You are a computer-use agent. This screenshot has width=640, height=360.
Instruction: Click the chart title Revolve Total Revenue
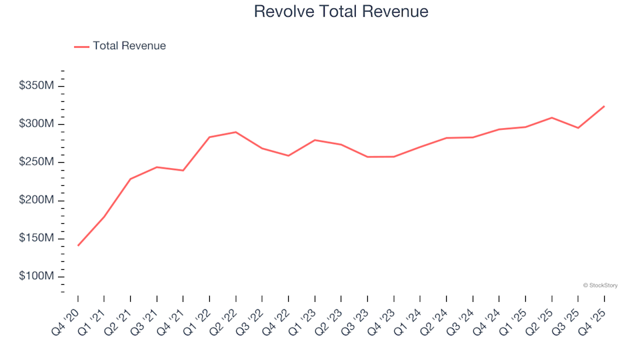pos(341,11)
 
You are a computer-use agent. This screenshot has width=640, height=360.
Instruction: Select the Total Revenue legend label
pos(129,46)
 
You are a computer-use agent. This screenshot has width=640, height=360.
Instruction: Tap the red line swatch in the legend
pos(81,47)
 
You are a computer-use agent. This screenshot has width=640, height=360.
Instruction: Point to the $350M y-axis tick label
pos(37,86)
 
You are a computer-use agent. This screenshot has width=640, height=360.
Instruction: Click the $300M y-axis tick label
pos(37,124)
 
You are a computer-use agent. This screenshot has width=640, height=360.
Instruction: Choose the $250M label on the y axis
pos(37,162)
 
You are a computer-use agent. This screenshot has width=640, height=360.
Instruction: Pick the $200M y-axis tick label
pos(37,201)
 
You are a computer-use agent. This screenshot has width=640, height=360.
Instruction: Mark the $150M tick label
pos(37,239)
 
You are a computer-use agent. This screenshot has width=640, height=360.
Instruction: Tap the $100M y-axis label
pos(37,277)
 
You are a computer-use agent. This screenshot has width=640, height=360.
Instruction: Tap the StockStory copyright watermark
pos(600,285)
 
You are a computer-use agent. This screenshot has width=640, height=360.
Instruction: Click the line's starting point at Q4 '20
pos(78,245)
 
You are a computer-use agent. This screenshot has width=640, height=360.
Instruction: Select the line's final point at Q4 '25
pos(604,106)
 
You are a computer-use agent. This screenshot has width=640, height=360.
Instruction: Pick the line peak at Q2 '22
pos(236,132)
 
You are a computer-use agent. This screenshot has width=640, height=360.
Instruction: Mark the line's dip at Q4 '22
pos(288,155)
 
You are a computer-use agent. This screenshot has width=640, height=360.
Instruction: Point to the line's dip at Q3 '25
pos(578,128)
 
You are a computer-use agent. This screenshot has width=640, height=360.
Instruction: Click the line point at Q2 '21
pos(131,179)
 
